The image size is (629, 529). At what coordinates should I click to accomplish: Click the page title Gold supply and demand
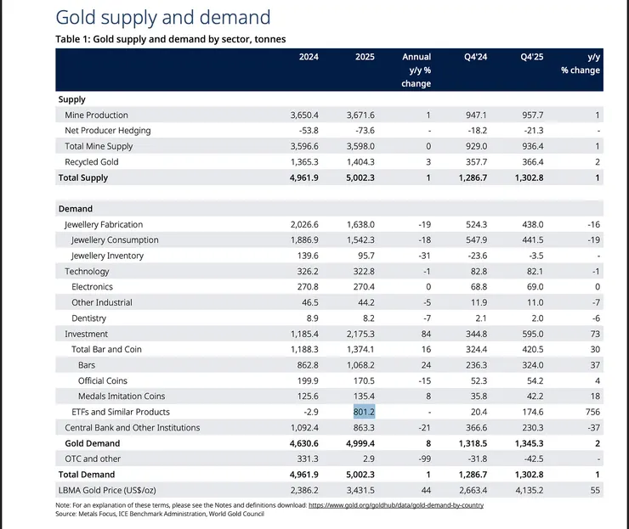click(162, 17)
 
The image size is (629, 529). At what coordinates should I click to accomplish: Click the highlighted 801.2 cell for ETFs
click(363, 412)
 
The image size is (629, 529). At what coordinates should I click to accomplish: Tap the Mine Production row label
click(96, 115)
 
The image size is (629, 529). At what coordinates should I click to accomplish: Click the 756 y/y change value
click(592, 412)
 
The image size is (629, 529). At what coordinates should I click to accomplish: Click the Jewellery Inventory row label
click(107, 256)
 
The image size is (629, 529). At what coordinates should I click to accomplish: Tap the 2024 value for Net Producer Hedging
click(305, 130)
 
